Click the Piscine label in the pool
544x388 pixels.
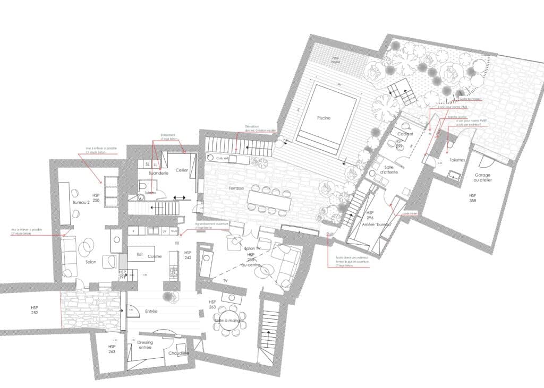pos(321,118)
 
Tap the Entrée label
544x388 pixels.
pos(150,312)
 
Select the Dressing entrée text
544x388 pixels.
pos(145,346)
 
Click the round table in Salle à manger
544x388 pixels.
pos(232,321)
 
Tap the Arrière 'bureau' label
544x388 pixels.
pos(376,225)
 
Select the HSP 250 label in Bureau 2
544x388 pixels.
pos(96,197)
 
